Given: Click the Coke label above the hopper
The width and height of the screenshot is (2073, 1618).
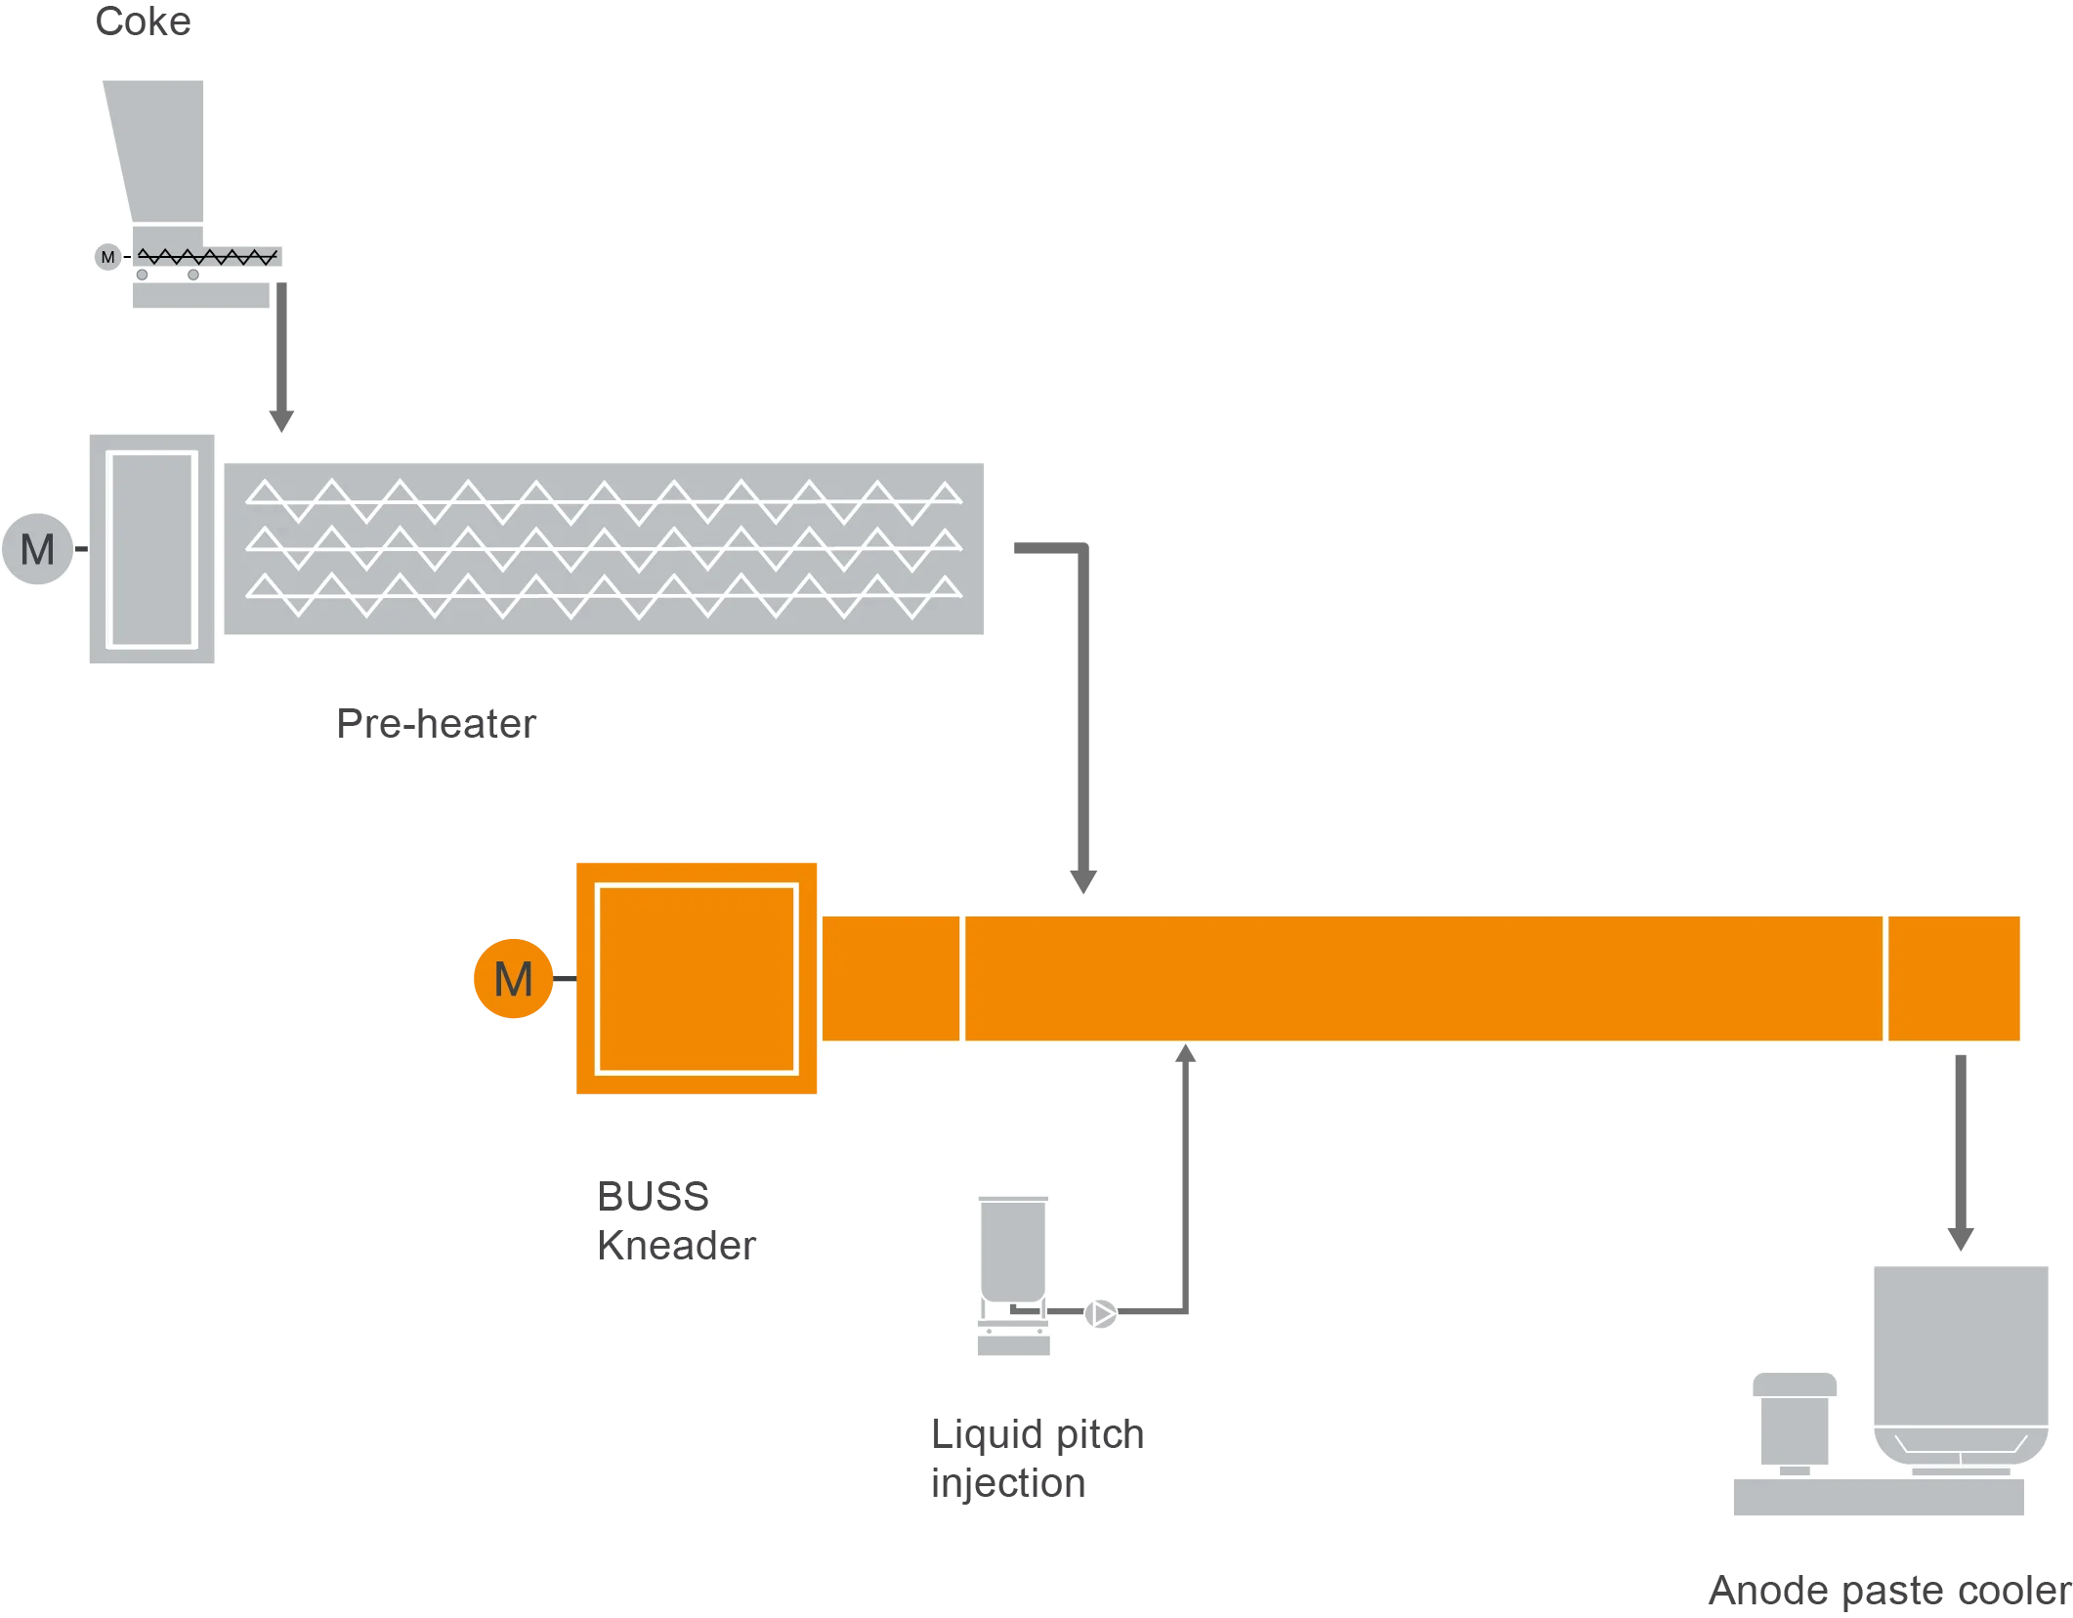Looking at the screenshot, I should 144,21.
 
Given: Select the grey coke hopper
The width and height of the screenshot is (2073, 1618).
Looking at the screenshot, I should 161,151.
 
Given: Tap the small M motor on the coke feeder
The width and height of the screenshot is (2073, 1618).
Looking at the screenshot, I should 107,257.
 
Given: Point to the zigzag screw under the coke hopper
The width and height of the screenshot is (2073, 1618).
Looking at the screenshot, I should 207,257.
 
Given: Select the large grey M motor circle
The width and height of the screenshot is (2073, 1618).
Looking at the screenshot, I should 38,549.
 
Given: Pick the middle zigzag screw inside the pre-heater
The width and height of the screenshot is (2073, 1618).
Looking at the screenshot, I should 603,549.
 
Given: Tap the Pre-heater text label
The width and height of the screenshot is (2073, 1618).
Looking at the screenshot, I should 436,724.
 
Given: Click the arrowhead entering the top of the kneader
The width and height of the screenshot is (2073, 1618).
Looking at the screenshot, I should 1081,879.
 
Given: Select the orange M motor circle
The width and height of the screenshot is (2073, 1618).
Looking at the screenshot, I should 513,979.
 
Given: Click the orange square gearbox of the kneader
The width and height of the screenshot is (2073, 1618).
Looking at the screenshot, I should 696,978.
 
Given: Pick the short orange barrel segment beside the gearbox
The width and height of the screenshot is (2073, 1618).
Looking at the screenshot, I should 890,979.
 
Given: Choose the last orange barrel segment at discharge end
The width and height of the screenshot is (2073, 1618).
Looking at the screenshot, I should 1954,979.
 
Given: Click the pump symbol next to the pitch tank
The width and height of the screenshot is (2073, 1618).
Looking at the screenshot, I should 1101,1314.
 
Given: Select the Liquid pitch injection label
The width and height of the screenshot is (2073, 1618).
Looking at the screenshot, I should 1037,1460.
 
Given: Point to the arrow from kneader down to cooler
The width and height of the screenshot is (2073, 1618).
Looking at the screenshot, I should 1961,1153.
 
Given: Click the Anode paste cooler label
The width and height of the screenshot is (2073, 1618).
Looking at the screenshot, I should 1887,1593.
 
